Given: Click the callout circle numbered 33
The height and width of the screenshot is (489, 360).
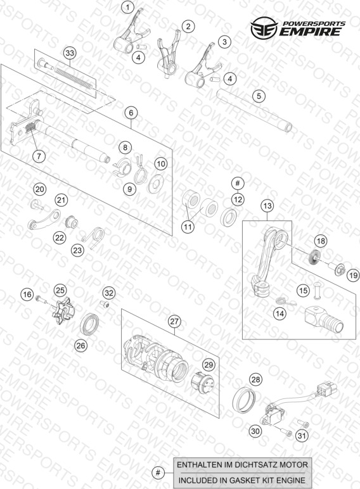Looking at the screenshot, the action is pos(70,53).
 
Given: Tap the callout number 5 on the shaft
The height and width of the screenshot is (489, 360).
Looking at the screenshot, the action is pos(259,96).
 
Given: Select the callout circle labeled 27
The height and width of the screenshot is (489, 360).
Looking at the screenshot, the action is pos(174,322).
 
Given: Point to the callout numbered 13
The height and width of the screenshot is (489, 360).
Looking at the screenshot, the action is pos(267,206).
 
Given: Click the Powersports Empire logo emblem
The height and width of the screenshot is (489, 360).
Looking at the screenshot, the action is pos(264,29).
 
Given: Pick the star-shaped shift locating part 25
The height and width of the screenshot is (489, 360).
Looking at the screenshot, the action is pos(63,311).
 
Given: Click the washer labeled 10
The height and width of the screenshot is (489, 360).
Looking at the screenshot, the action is pos(156,184).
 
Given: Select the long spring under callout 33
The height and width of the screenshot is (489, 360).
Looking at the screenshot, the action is pos(74,77).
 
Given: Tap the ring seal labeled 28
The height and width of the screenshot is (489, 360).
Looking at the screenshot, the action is pos(244,400).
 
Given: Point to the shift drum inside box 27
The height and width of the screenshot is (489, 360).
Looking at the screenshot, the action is pos(156,359).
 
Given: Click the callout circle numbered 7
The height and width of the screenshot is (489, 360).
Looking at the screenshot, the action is pos(39,156).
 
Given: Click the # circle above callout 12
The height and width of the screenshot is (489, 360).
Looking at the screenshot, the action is pos(238,183).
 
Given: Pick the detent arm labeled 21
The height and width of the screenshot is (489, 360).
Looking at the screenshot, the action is pos(44,220).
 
